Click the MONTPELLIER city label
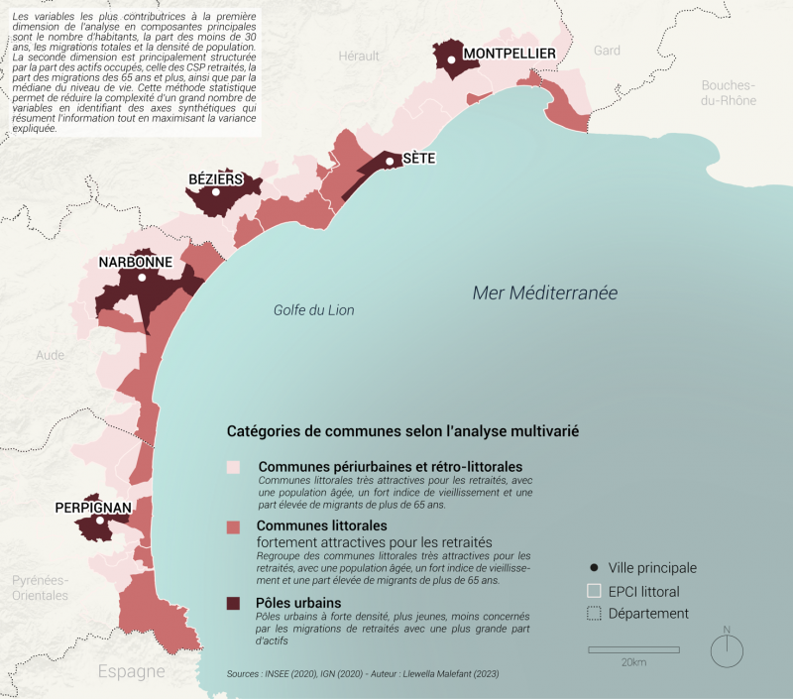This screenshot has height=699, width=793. pyautogui.click(x=510, y=54)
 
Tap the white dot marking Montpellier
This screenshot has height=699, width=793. pyautogui.click(x=451, y=60)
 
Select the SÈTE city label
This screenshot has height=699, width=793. pyautogui.click(x=418, y=158)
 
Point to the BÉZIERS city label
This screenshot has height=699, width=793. pyautogui.click(x=215, y=179)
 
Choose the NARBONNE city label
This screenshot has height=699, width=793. pyautogui.click(x=136, y=263)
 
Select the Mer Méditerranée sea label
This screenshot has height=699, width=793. pyautogui.click(x=544, y=292)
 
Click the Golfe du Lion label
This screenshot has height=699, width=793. pyautogui.click(x=313, y=310)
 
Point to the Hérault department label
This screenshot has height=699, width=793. pyautogui.click(x=359, y=58)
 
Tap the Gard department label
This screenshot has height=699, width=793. pyautogui.click(x=607, y=51)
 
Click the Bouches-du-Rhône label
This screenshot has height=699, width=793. pyautogui.click(x=729, y=93)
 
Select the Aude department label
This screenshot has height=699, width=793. pyautogui.click(x=50, y=355)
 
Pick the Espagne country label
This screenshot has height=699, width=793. pyautogui.click(x=131, y=671)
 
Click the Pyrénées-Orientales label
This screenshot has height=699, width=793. pyautogui.click(x=40, y=587)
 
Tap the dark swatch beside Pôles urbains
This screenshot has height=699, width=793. pyautogui.click(x=234, y=603)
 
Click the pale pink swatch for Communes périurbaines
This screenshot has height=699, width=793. pyautogui.click(x=234, y=466)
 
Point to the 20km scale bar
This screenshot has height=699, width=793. pyautogui.click(x=633, y=650)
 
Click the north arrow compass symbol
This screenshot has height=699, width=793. pyautogui.click(x=727, y=649)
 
